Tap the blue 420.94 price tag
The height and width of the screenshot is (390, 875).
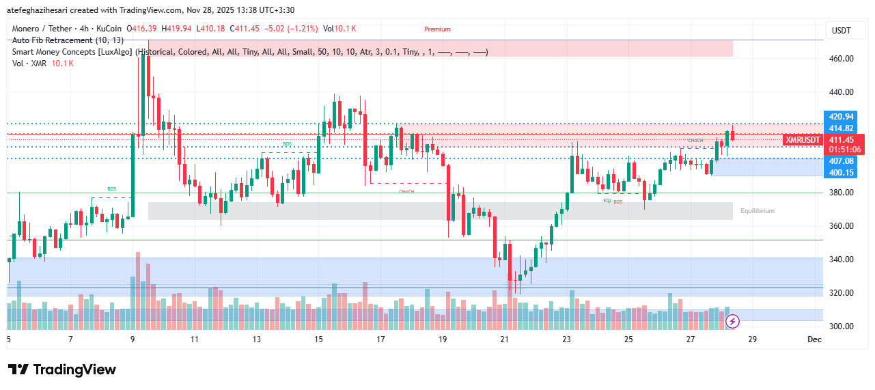pos(840,117)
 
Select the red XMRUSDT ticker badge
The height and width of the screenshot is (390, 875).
pos(803,139)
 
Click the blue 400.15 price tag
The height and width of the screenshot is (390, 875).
pos(840,173)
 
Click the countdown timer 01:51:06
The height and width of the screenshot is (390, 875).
pos(844,150)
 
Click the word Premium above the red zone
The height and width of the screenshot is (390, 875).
pos(437,29)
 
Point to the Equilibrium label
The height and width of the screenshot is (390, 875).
pos(757,211)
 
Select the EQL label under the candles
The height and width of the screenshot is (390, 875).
pos(607,201)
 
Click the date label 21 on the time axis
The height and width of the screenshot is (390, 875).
pos(504,339)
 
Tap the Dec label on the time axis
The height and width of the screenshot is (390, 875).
pos(814,339)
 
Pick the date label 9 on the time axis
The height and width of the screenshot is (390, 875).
pos(132,339)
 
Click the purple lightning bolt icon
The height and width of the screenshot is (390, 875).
pos(732,320)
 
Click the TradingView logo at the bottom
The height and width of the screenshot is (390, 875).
pos(62,370)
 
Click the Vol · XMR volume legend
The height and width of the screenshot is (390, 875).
pos(42,64)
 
